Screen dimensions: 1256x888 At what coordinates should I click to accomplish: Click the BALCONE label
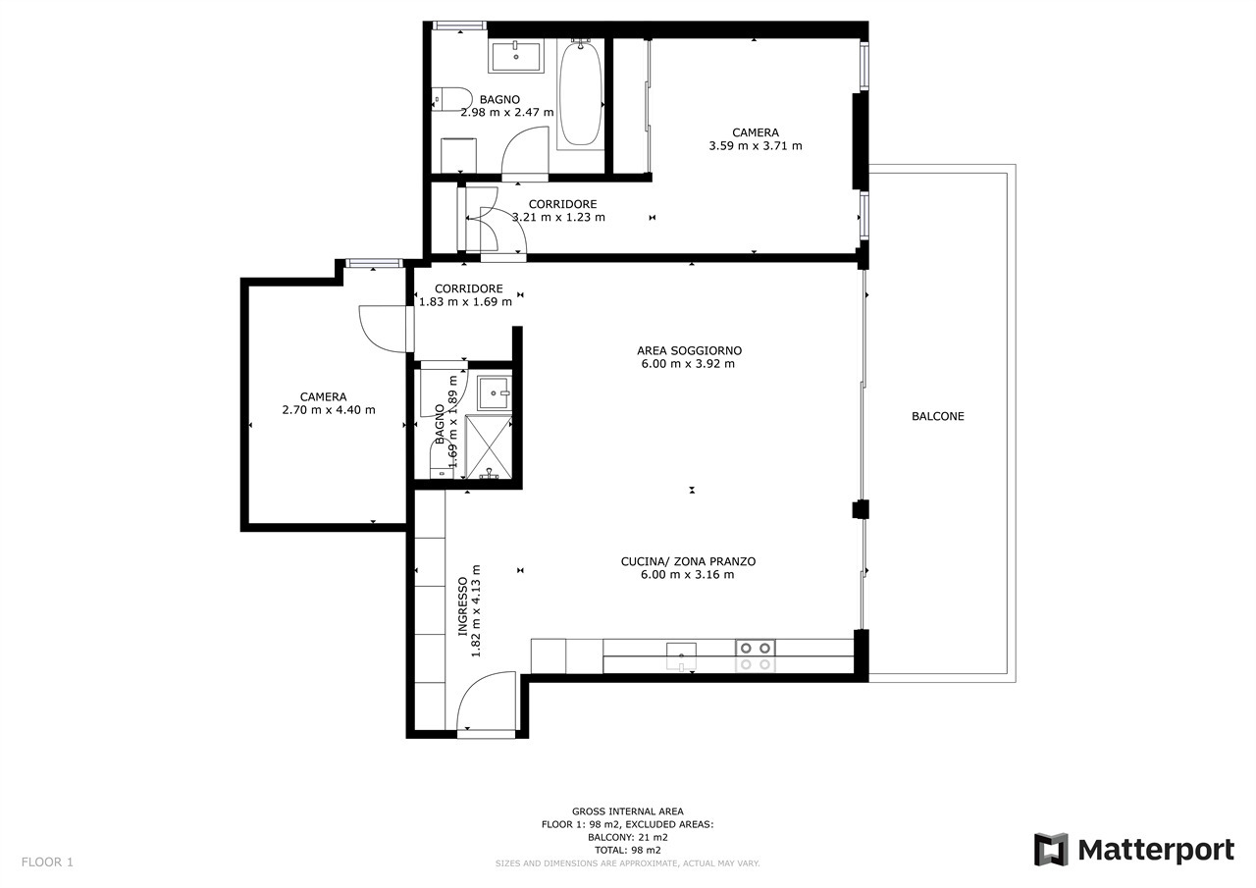pyautogui.click(x=937, y=416)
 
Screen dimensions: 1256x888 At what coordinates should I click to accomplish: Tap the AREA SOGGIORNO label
pyautogui.click(x=689, y=350)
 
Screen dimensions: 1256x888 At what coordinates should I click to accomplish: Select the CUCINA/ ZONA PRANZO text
pyautogui.click(x=688, y=561)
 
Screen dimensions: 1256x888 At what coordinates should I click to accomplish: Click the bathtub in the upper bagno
pyautogui.click(x=580, y=93)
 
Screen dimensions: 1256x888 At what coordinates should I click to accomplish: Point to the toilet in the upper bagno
pyautogui.click(x=452, y=100)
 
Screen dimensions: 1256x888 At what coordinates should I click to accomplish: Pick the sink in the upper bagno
pyautogui.click(x=516, y=56)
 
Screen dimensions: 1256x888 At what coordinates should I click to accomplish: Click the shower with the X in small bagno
pyautogui.click(x=489, y=447)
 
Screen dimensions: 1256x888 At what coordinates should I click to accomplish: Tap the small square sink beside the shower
pyautogui.click(x=494, y=393)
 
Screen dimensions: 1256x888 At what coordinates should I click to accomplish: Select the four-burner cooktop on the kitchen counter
pyautogui.click(x=756, y=655)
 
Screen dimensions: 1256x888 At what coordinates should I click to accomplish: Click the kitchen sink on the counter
pyautogui.click(x=681, y=656)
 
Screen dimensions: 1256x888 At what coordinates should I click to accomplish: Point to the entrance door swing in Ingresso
pyautogui.click(x=486, y=701)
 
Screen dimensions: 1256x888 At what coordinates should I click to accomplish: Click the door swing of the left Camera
pyautogui.click(x=387, y=329)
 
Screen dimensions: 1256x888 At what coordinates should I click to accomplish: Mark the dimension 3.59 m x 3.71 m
pyautogui.click(x=756, y=146)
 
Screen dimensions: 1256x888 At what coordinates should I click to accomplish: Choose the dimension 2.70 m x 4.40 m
pyautogui.click(x=329, y=410)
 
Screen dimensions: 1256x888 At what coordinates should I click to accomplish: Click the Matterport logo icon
pyautogui.click(x=1051, y=850)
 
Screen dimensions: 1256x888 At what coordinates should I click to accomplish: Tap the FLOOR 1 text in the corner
pyautogui.click(x=47, y=862)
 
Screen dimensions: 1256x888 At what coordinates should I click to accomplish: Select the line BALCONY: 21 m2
pyautogui.click(x=627, y=838)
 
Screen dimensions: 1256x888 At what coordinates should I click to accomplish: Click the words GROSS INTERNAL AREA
pyautogui.click(x=627, y=811)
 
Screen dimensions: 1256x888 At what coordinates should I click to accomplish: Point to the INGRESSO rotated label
pyautogui.click(x=462, y=606)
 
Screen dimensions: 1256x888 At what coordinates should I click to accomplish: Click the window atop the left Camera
pyautogui.click(x=374, y=263)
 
